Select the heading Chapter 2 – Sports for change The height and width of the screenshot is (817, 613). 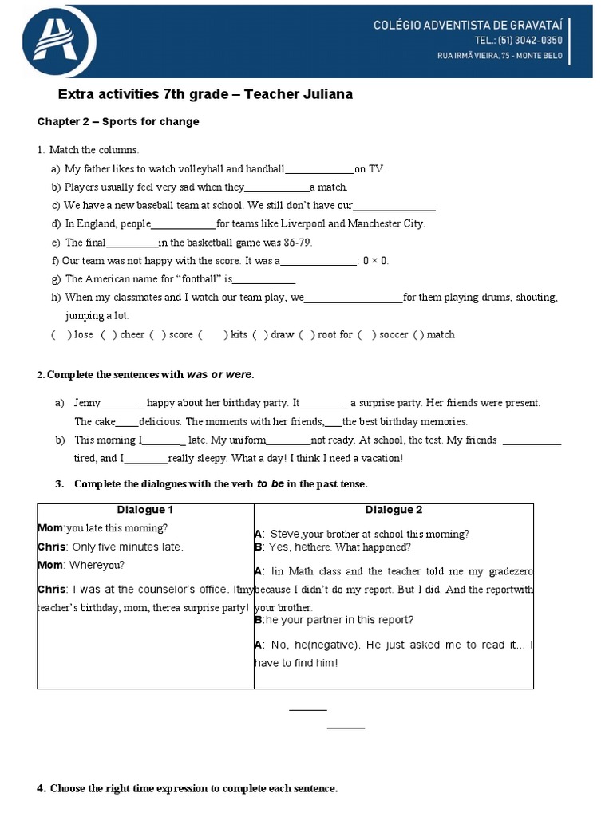pos(118,122)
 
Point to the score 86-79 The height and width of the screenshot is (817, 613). pos(295,243)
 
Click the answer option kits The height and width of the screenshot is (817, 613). pos(239,335)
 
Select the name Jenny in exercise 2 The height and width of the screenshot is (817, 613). pos(88,404)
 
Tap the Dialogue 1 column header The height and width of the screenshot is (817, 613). pos(145,511)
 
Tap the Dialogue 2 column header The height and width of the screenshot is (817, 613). pos(394,511)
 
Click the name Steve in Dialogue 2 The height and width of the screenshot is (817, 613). pos(285,535)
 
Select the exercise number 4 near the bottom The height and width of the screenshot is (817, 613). pos(41,789)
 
